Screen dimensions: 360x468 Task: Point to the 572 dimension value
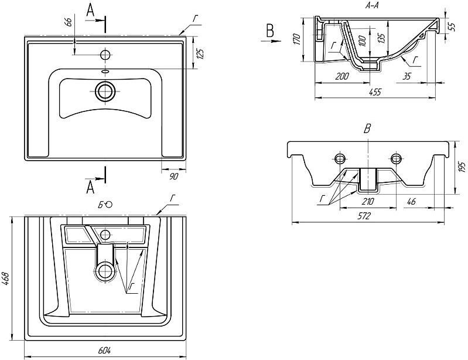coord(364,216)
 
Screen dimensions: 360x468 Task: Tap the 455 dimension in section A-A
coord(375,91)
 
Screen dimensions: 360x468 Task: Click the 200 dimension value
coord(343,76)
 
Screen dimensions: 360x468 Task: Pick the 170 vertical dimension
coord(297,39)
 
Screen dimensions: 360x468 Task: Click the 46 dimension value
coord(412,202)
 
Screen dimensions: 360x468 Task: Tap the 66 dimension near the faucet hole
coord(69,22)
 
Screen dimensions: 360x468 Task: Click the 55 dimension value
coord(451,26)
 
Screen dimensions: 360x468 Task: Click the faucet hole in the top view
coord(106,55)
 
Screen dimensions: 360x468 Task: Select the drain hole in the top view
coord(106,91)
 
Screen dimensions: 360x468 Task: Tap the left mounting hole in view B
coord(340,158)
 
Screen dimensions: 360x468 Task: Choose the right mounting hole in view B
coord(396,158)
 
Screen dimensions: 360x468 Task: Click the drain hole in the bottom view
coord(106,270)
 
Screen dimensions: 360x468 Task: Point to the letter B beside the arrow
coord(269,30)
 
